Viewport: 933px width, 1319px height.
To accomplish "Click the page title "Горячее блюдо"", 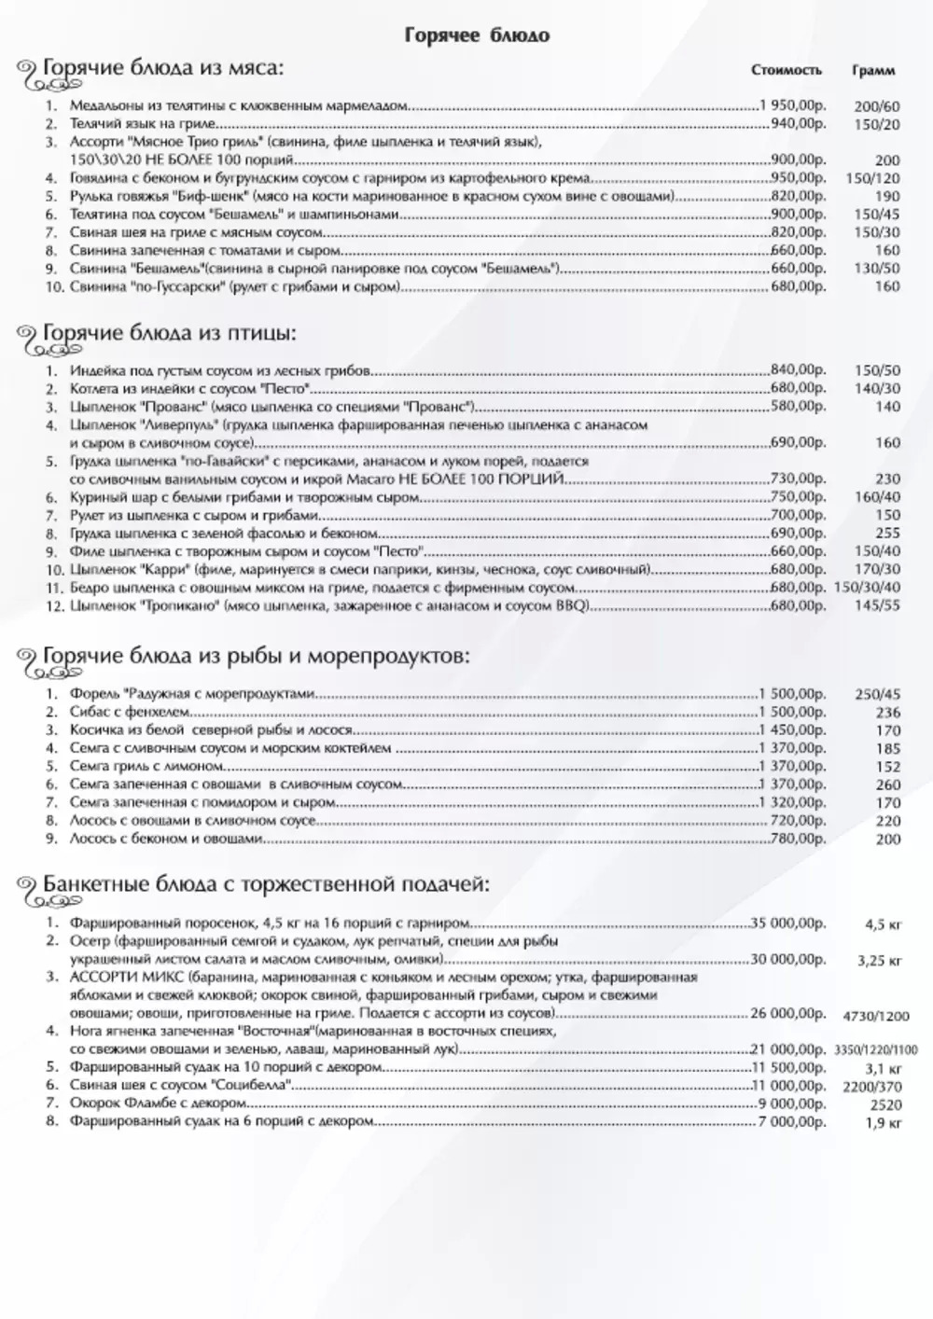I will [477, 35].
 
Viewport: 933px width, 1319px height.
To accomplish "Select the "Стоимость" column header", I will [787, 71].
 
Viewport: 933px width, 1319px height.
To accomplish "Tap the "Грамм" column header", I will [873, 71].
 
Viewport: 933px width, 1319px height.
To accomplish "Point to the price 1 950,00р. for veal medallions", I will [794, 105].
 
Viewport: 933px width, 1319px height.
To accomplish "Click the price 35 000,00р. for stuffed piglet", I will [789, 923].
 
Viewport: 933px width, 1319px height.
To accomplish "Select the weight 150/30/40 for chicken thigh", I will [868, 588].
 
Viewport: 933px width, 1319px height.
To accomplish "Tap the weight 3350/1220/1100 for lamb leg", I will [876, 1049].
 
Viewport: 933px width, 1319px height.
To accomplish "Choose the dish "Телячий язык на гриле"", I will [143, 123].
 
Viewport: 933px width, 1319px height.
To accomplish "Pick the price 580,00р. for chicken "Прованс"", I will [798, 408].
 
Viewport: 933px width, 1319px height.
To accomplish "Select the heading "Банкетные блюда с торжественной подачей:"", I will [265, 884].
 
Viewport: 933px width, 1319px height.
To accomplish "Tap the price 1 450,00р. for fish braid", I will [794, 730].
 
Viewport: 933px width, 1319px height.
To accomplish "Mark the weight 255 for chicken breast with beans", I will [888, 534].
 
